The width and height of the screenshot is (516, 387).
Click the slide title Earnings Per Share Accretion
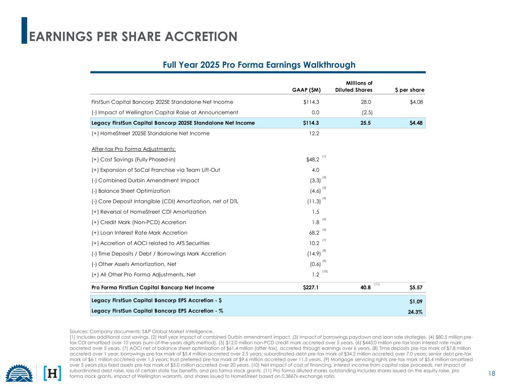coord(133,36)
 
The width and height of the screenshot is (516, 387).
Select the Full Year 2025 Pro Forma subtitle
coord(259,65)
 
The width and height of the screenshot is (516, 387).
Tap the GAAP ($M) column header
coord(306,90)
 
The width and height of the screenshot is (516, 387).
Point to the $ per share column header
coord(410,90)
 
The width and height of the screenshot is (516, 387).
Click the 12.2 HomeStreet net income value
coord(314,133)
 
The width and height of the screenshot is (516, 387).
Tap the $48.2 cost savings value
coord(313,159)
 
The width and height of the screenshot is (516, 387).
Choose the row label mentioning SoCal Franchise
coord(156,170)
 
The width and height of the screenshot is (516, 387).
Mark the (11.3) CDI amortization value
coord(314,201)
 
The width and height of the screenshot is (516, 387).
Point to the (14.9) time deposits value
coord(314,254)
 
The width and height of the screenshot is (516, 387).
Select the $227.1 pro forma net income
coord(311,288)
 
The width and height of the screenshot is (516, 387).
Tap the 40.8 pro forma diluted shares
coord(365,288)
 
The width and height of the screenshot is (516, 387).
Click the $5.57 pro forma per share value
coord(416,288)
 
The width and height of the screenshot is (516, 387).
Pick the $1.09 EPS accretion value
coord(416,301)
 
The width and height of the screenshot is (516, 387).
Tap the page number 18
coord(491,374)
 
